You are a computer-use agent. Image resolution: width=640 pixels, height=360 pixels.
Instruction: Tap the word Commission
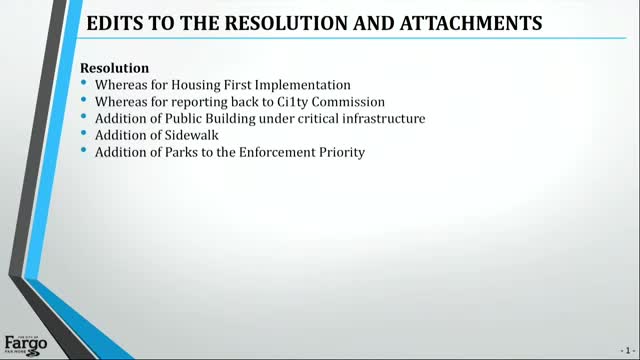(324, 102)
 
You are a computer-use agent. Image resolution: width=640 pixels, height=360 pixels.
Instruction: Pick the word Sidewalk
(198, 136)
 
